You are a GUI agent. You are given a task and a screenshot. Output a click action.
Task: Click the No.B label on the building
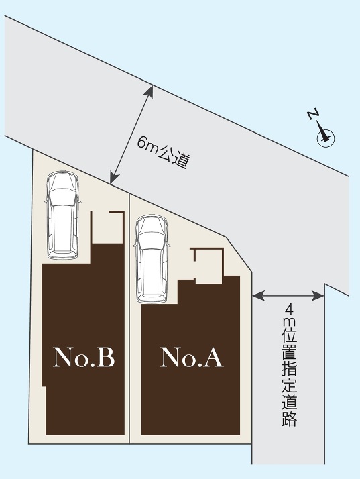click(x=84, y=357)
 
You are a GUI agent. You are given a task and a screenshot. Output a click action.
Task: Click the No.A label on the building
click(x=192, y=357)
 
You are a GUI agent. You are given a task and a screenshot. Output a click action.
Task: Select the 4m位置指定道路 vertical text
click(x=289, y=365)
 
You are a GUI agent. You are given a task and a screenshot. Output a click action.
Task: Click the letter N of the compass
click(x=313, y=114)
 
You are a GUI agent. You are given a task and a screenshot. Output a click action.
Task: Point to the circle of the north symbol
click(x=326, y=138)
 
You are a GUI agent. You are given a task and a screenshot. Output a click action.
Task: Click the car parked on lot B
click(x=62, y=215)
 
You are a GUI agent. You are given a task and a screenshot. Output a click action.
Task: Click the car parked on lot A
click(x=152, y=259)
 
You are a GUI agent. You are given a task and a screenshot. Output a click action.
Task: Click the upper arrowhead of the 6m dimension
click(x=150, y=91)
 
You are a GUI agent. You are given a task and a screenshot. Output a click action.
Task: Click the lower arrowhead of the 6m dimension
click(x=113, y=178)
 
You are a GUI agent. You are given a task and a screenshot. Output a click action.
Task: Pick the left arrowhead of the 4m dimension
click(x=257, y=295)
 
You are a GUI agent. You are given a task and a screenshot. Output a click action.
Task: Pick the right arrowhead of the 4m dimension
click(x=319, y=295)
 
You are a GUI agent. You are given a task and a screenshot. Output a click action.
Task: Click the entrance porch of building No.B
click(x=107, y=227)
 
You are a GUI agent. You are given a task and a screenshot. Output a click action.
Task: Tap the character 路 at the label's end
click(x=289, y=419)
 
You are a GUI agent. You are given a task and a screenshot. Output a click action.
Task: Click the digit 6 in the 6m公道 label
click(x=141, y=142)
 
